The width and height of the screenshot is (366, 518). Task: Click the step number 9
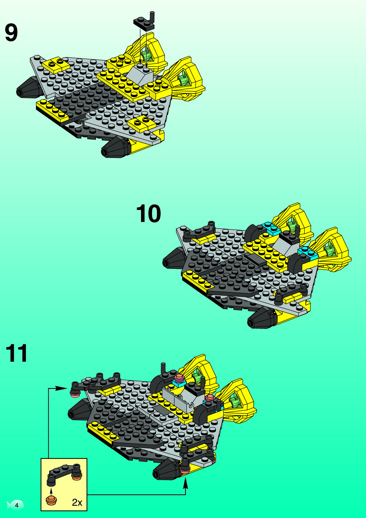click(11, 33)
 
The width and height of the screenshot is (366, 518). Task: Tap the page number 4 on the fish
click(17, 505)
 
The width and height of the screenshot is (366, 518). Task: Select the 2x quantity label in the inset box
click(77, 502)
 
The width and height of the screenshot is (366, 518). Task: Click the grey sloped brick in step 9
click(140, 74)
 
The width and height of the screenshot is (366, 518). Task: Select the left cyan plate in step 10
click(271, 228)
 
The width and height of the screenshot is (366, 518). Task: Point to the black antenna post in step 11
click(163, 368)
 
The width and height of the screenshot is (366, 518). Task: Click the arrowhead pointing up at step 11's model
click(185, 484)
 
